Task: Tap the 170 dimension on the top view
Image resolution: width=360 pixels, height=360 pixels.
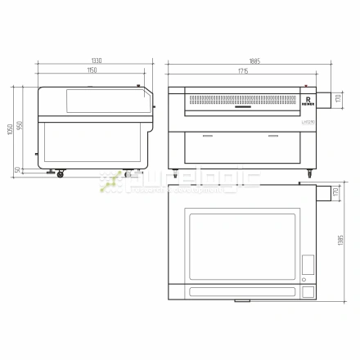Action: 335,193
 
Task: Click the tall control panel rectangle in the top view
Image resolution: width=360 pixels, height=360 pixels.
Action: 308,264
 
